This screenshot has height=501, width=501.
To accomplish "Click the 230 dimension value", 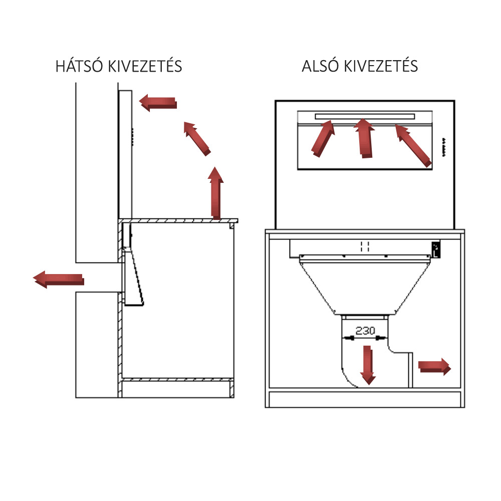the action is click(x=365, y=330).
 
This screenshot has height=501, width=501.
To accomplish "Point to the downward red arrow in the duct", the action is click(x=368, y=365).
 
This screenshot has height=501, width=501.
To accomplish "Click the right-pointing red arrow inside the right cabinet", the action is click(x=434, y=366).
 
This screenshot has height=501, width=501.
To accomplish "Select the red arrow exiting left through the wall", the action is click(x=59, y=279).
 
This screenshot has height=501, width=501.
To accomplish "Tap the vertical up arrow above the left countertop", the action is click(x=216, y=193).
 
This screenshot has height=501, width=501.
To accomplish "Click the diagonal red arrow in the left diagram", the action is click(x=197, y=139).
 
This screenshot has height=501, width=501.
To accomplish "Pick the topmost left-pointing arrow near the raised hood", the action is click(x=158, y=103).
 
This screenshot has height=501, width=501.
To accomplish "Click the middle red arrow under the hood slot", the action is click(x=364, y=138).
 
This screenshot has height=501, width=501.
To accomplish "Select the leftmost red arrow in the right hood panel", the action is click(x=323, y=138).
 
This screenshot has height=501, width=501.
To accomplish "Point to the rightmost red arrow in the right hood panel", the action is click(x=413, y=146).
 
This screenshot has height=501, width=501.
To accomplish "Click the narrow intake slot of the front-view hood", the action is click(x=365, y=116).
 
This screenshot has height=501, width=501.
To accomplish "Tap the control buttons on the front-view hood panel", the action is click(x=444, y=147).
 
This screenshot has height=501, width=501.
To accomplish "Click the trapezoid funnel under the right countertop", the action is click(x=365, y=285).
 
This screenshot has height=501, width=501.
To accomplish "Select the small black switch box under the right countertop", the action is click(x=436, y=250).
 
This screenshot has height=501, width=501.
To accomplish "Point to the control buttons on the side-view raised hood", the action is click(x=132, y=137).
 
